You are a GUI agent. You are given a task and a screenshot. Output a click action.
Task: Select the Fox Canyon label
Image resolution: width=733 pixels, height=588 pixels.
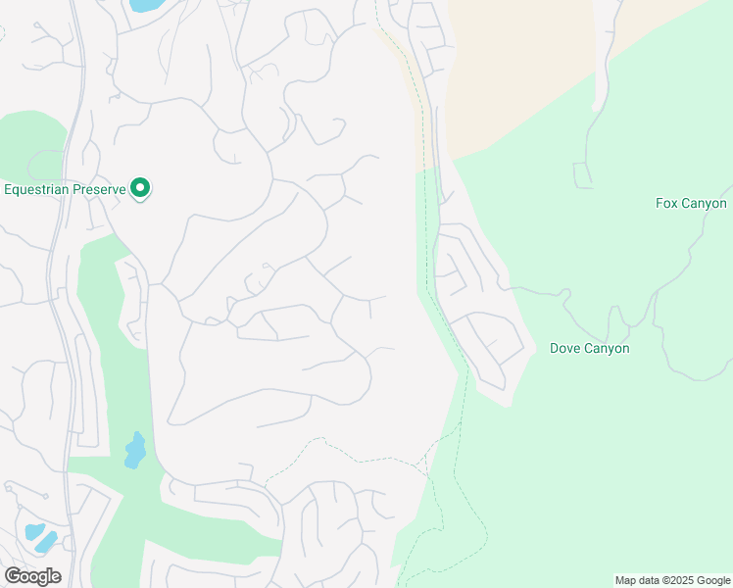point(691,204)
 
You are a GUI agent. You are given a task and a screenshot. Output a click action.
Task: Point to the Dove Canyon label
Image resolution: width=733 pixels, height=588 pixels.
point(589,348)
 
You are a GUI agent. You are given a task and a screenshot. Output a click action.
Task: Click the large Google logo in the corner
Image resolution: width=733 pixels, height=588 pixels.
point(32,575)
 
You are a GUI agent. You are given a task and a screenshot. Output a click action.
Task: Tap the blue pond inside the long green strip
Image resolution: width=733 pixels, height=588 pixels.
point(135,450)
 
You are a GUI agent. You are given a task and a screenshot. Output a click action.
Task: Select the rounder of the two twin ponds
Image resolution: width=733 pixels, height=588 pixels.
point(35,530)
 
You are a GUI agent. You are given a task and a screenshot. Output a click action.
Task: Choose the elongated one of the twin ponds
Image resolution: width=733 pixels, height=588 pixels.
point(47,541)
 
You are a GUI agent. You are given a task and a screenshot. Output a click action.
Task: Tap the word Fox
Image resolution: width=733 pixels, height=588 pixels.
point(666,204)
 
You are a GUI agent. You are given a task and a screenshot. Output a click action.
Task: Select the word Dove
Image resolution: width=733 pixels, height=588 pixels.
point(565,348)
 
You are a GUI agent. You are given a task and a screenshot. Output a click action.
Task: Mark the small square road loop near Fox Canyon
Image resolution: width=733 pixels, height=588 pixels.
point(583,175)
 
